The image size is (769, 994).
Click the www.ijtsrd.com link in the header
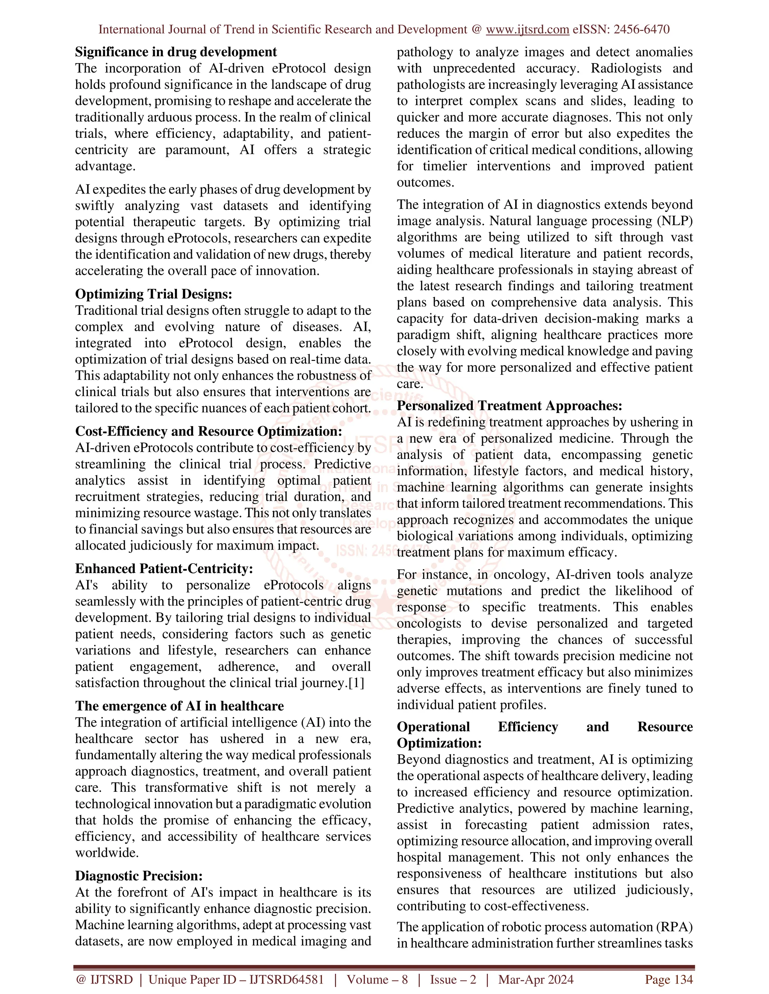(x=527, y=30)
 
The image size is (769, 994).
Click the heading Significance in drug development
(x=176, y=52)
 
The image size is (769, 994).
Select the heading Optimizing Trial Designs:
(x=154, y=294)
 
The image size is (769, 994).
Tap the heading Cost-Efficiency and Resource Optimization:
(x=208, y=431)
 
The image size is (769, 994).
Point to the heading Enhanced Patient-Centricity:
(x=164, y=568)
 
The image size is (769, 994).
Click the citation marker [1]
(x=356, y=683)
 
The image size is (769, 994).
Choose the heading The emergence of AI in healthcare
(x=179, y=706)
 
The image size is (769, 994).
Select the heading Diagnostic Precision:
(x=139, y=876)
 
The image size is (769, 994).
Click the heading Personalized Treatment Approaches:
(x=509, y=405)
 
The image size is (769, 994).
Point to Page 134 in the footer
(x=668, y=979)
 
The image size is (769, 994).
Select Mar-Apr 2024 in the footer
(x=536, y=979)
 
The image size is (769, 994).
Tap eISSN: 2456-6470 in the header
(x=621, y=30)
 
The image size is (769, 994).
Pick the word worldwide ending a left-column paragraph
(x=107, y=853)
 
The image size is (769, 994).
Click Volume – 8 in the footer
(x=377, y=979)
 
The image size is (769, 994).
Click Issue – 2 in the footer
(x=453, y=979)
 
